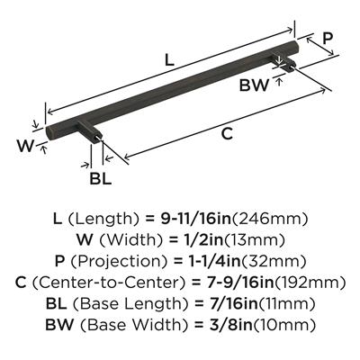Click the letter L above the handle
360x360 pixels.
pos(169,60)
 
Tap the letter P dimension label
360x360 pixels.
pos(328,39)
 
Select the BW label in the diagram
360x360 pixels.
pos(254,85)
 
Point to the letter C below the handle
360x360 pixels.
pos(227,133)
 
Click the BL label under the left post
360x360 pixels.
pos(101,178)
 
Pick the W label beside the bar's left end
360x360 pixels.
pos(25,146)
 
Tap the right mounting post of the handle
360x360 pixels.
pos(283,61)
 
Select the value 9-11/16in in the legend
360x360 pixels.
pos(196,220)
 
